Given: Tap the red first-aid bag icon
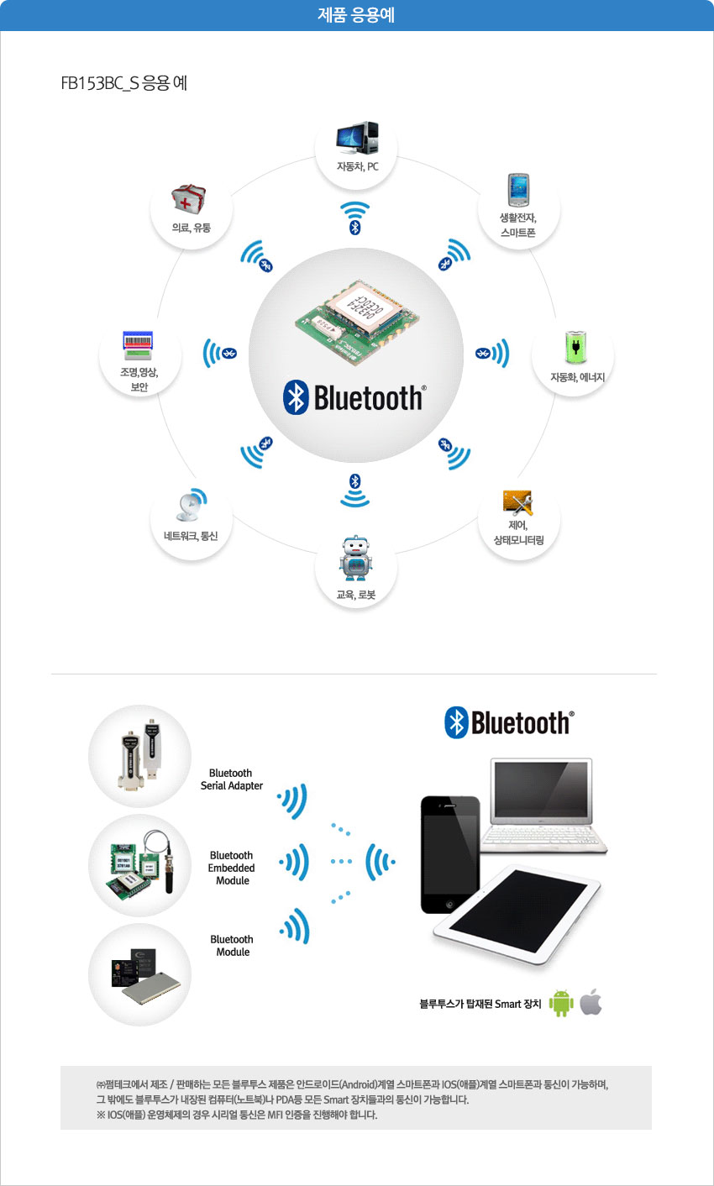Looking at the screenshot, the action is pyautogui.click(x=188, y=199).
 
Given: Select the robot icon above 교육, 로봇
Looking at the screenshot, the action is pyautogui.click(x=355, y=558).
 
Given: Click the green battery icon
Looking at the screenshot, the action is pyautogui.click(x=575, y=347).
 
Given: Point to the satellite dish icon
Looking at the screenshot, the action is pyautogui.click(x=191, y=504).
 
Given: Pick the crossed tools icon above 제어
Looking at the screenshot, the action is pyautogui.click(x=517, y=502).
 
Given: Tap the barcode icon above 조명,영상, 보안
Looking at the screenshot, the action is pyautogui.click(x=138, y=346).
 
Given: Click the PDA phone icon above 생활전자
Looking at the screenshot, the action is pyautogui.click(x=518, y=190).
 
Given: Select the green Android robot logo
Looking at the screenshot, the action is pyautogui.click(x=561, y=1002).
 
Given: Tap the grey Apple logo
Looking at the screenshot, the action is pyautogui.click(x=591, y=1001).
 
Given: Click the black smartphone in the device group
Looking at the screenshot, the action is pyautogui.click(x=450, y=854).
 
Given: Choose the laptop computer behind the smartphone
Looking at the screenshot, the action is pyautogui.click(x=544, y=805).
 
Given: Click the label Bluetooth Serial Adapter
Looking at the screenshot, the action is pyautogui.click(x=232, y=779).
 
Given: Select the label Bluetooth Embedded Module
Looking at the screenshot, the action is pyautogui.click(x=232, y=868).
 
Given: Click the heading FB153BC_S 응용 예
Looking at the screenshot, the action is pyautogui.click(x=124, y=83).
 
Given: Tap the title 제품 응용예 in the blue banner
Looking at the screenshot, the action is pyautogui.click(x=356, y=15).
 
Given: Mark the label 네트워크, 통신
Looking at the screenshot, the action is pyautogui.click(x=191, y=536).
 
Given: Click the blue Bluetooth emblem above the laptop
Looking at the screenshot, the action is pyautogui.click(x=456, y=722).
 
